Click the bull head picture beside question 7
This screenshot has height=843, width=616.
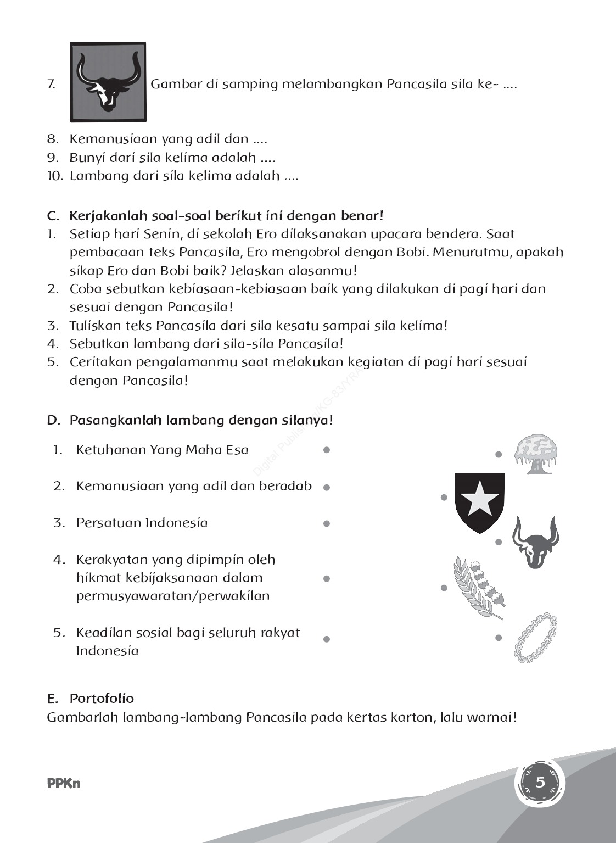(108, 82)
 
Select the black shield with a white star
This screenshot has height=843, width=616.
(480, 502)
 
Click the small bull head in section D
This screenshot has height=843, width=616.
(535, 542)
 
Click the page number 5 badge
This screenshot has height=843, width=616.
(540, 783)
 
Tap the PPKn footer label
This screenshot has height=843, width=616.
(64, 784)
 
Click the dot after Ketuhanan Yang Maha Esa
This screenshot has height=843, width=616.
(327, 450)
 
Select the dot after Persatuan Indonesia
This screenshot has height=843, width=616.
(327, 524)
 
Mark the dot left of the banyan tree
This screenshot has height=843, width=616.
(499, 455)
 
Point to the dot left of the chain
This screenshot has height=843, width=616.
(499, 638)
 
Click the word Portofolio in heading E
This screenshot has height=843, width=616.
(102, 699)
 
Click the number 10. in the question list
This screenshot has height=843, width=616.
(55, 176)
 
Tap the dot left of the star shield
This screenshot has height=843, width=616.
(444, 498)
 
